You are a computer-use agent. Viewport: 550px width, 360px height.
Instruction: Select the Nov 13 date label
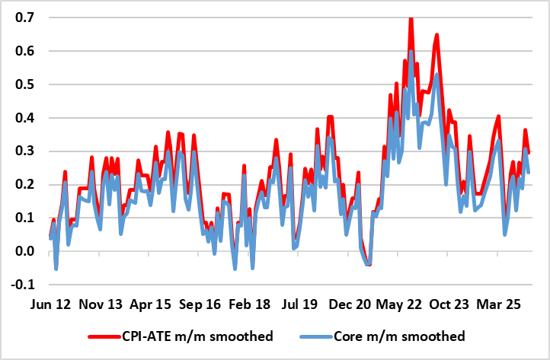[101, 303]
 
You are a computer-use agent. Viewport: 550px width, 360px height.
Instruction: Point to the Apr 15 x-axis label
[152, 303]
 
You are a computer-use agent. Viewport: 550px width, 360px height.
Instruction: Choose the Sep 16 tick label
[201, 303]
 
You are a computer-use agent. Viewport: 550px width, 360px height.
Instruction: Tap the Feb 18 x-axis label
[250, 303]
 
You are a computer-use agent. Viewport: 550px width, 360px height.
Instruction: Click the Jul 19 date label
[300, 303]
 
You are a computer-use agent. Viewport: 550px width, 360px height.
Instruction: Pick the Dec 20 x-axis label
[350, 303]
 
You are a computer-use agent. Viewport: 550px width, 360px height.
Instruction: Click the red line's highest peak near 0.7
[411, 18]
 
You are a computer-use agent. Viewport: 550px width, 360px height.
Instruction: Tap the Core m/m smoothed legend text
[405, 335]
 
